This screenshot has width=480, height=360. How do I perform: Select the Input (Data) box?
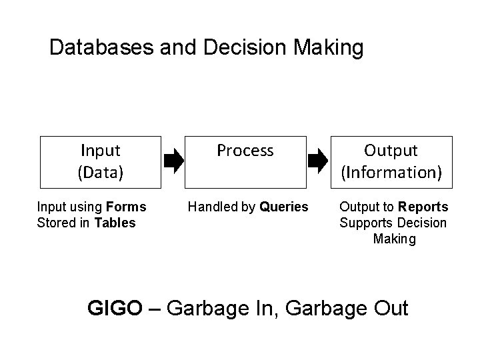pyautogui.click(x=101, y=161)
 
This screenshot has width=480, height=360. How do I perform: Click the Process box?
pyautogui.click(x=245, y=161)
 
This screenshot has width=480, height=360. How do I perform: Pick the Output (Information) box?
pyautogui.click(x=391, y=161)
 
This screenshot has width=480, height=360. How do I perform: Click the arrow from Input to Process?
pyautogui.click(x=173, y=161)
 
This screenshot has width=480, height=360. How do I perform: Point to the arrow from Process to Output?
pyautogui.click(x=318, y=161)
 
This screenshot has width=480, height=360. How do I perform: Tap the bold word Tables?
pyautogui.click(x=115, y=222)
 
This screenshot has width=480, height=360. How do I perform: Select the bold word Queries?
pyautogui.click(x=284, y=207)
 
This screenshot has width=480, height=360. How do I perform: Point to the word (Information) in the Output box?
pyautogui.click(x=391, y=172)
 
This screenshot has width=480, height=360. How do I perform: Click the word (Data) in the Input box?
pyautogui.click(x=101, y=172)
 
